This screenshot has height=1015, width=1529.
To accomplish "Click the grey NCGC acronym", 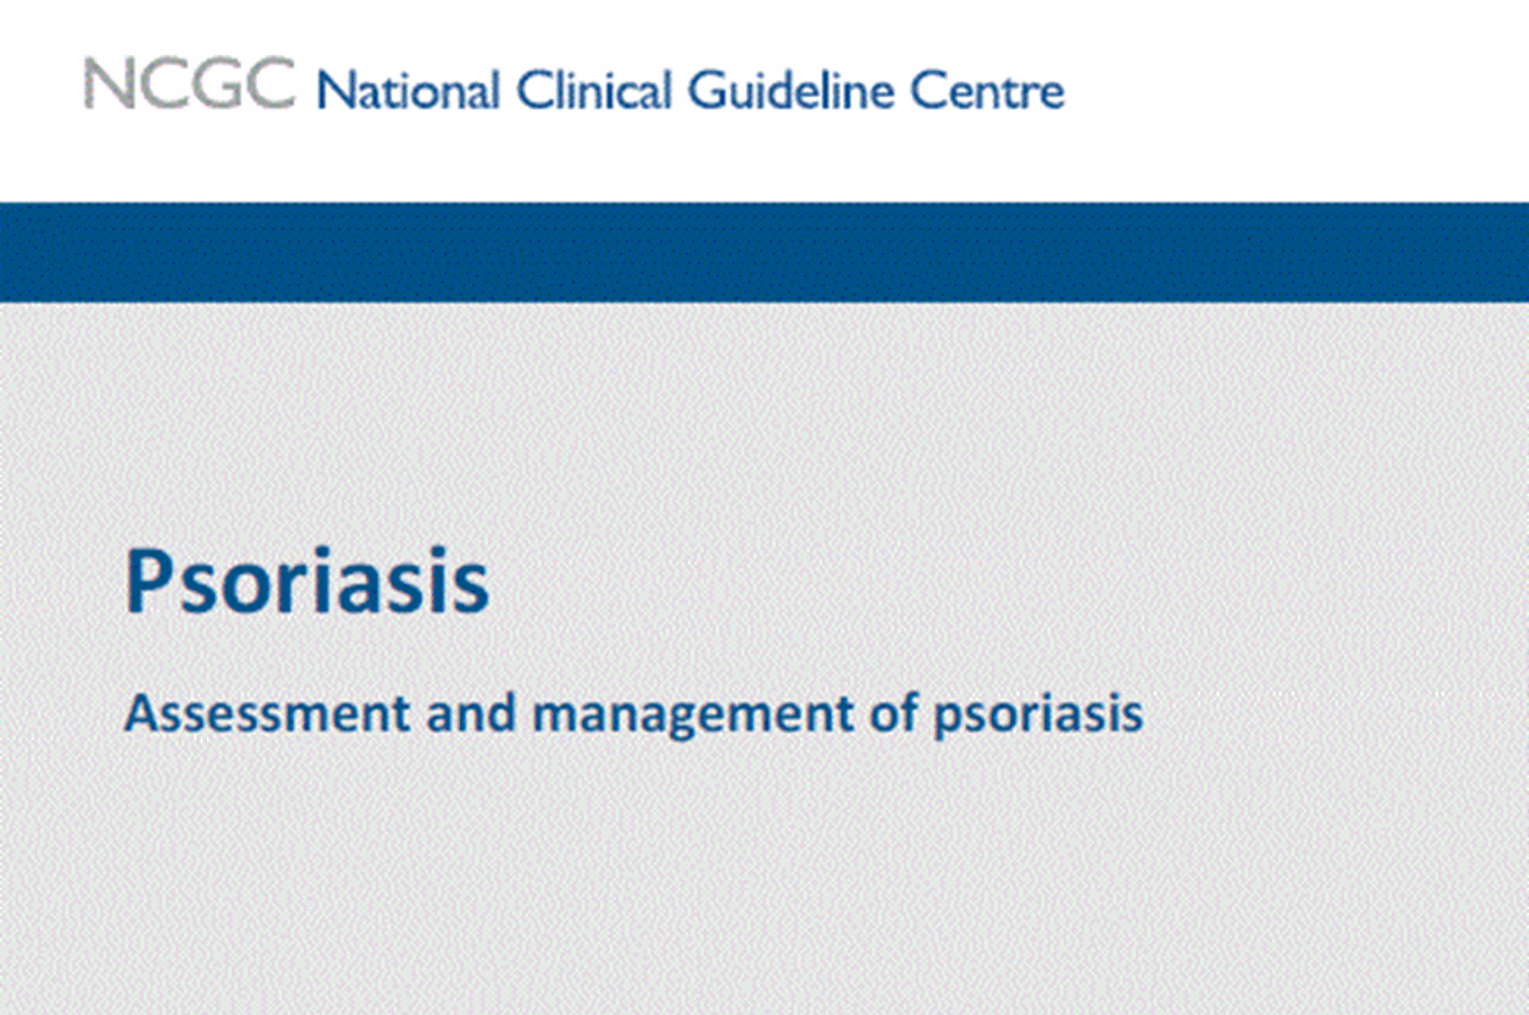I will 189,85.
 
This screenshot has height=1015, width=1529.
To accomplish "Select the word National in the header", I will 408,91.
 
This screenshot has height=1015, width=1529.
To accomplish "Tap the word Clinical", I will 594,91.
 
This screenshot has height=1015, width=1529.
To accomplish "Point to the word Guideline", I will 791,91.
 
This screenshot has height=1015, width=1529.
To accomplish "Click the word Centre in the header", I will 987,91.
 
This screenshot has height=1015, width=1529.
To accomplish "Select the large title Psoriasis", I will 307,582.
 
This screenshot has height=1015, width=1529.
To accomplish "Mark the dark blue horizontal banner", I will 764,252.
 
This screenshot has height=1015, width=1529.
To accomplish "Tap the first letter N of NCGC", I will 106,85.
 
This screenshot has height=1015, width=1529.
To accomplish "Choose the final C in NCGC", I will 270,85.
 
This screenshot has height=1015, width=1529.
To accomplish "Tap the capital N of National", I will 334,91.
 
